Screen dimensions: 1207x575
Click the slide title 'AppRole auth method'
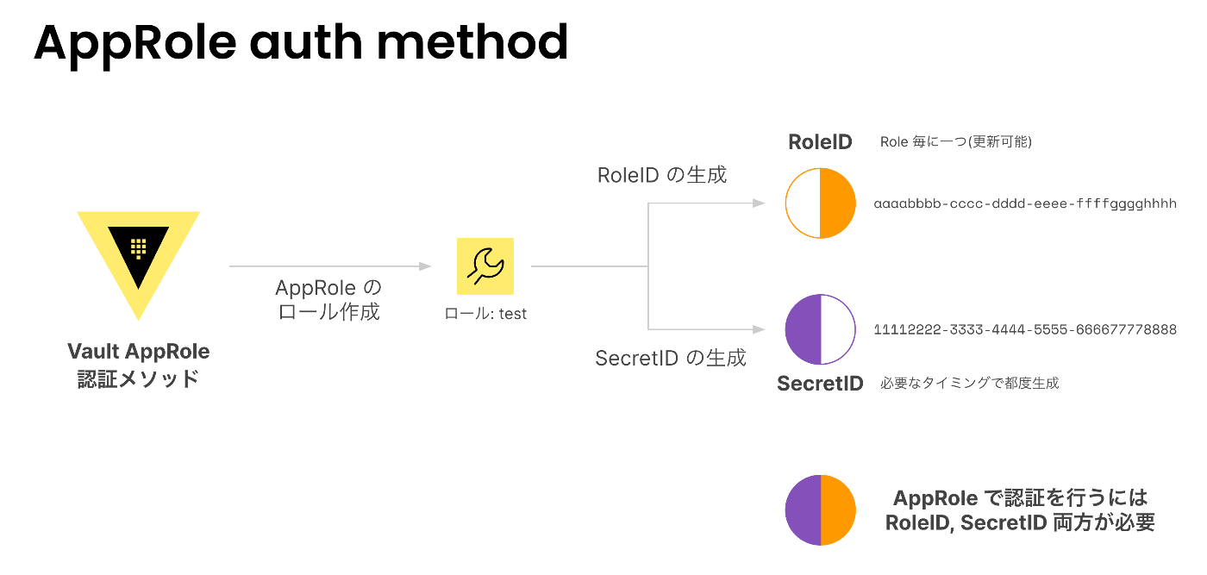coord(301,44)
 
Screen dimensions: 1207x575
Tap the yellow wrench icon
coord(485,266)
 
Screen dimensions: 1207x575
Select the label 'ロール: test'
coord(485,314)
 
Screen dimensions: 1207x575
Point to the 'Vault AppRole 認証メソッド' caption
coord(139,365)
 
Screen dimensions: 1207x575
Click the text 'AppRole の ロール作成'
coord(328,300)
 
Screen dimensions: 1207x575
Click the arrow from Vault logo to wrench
coord(329,266)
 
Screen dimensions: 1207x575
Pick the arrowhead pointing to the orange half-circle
coord(759,203)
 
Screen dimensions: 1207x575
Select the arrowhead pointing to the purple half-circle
coord(759,329)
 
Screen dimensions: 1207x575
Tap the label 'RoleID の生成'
coord(662,175)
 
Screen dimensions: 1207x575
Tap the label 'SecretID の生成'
coord(671,358)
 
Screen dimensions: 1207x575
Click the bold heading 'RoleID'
coord(820,142)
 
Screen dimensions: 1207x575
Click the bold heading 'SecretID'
coord(820,384)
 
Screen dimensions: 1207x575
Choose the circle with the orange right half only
coord(838,203)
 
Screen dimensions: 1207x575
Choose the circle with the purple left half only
coord(803,329)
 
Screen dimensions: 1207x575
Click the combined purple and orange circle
coord(820,509)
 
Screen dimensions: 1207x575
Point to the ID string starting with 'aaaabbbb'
coord(1025,203)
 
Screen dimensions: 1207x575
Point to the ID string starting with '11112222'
coord(1025,329)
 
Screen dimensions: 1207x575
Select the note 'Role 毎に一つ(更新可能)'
coord(956,141)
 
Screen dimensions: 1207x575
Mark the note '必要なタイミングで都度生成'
coord(969,383)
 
